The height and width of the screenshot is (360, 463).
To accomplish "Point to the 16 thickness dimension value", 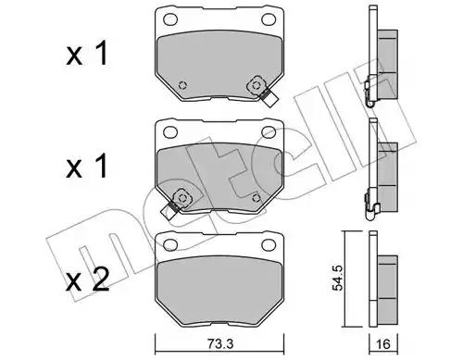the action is click(383, 344).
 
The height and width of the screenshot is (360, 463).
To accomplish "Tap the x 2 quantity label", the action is click(88, 280).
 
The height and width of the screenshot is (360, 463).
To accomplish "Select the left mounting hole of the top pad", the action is click(170, 19).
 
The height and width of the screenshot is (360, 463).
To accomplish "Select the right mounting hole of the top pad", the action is click(269, 19).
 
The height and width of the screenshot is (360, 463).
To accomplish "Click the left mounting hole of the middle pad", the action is click(170, 132).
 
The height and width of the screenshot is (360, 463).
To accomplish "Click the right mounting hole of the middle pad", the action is click(269, 132).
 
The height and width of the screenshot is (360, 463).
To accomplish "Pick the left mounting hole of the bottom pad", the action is click(170, 244).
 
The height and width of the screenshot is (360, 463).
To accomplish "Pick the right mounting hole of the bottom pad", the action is click(269, 244).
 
